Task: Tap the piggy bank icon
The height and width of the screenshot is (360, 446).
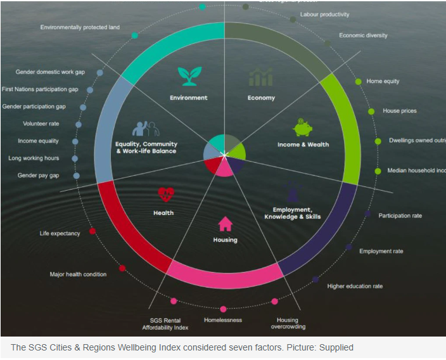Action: pyautogui.click(x=302, y=127)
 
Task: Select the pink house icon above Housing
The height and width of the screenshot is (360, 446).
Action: pyautogui.click(x=225, y=224)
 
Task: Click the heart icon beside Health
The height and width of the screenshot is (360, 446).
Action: pyautogui.click(x=166, y=194)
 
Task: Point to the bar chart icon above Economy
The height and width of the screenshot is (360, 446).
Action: pyautogui.click(x=260, y=77)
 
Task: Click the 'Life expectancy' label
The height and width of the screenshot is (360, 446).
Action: pyautogui.click(x=60, y=233)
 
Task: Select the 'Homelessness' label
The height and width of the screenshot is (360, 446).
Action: pyautogui.click(x=223, y=320)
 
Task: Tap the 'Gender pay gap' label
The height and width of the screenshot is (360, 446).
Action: pyautogui.click(x=38, y=176)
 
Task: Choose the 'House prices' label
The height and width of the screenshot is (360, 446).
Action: pyautogui.click(x=400, y=111)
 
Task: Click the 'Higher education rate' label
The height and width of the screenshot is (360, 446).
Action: pyautogui.click(x=355, y=286)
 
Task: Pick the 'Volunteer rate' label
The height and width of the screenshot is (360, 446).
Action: pyautogui.click(x=41, y=124)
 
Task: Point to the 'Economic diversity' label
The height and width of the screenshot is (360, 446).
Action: pyautogui.click(x=363, y=35)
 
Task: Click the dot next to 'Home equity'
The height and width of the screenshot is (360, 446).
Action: pyautogui.click(x=359, y=81)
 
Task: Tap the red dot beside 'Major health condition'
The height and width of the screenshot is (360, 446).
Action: pyautogui.click(x=122, y=268)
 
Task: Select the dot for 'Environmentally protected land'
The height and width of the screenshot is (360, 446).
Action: pyautogui.click(x=135, y=35)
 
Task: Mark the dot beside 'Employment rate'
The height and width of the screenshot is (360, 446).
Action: pyautogui.click(x=349, y=247)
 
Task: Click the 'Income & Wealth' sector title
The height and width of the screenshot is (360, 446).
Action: pyautogui.click(x=303, y=145)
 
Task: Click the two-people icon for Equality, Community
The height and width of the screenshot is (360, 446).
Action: pyautogui.click(x=146, y=129)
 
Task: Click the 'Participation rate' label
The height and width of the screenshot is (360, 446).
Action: pyautogui.click(x=400, y=215)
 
